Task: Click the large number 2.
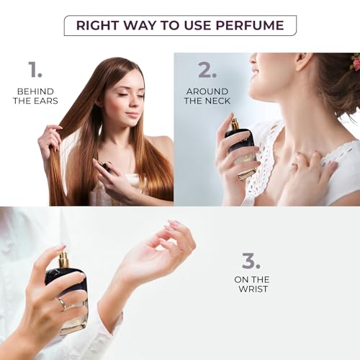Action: [x=207, y=70]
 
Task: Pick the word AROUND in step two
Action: [x=207, y=91]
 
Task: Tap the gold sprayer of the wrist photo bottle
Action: [x=64, y=259]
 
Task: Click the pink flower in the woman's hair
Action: [x=355, y=63]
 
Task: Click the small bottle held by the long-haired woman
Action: [x=107, y=168]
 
